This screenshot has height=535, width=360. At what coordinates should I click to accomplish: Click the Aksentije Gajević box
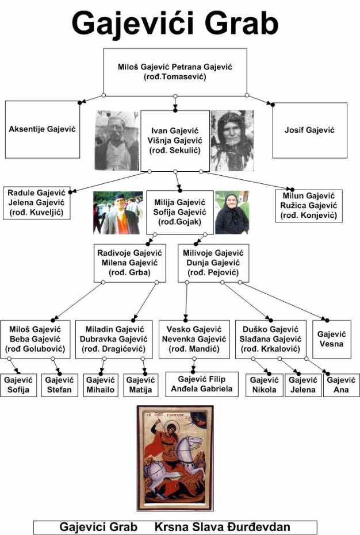tap(43, 129)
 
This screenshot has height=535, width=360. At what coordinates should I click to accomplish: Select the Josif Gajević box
tap(310, 130)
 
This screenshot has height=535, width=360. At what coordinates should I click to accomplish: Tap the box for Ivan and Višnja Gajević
tap(175, 141)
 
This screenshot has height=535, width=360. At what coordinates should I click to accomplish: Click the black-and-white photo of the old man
tap(117, 141)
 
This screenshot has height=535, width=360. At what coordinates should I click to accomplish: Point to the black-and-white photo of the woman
tap(232, 141)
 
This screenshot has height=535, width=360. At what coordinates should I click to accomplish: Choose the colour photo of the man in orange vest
tap(118, 213)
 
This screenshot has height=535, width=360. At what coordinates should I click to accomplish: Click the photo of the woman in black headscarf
tap(232, 213)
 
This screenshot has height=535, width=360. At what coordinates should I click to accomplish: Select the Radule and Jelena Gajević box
tap(37, 203)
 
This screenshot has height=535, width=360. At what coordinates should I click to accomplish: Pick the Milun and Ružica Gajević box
tap(309, 206)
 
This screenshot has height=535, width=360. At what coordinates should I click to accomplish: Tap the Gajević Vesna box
tap(332, 339)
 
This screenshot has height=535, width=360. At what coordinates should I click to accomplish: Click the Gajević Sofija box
tap(18, 385)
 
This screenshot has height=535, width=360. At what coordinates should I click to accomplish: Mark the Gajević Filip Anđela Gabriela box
tap(202, 384)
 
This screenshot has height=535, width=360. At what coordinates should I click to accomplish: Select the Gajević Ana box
tap(341, 385)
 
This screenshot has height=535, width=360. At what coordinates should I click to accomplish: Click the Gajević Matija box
tap(140, 385)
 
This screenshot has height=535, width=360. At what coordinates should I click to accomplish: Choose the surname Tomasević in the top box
tap(184, 77)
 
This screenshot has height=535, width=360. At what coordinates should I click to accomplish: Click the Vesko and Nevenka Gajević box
tap(194, 339)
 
